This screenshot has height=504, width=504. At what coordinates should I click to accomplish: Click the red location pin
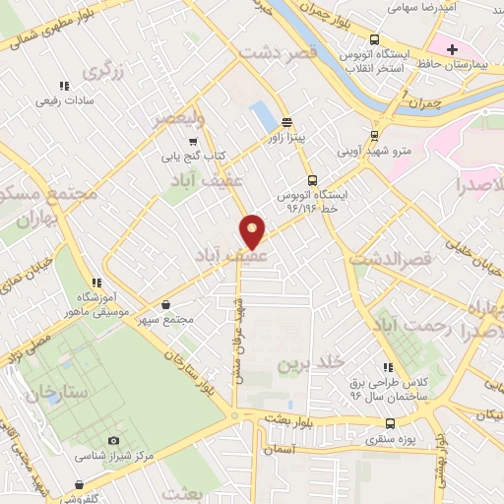(253, 230)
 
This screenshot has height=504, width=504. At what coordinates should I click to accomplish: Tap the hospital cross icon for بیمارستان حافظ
(452, 49)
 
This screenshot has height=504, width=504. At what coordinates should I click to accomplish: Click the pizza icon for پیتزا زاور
(286, 124)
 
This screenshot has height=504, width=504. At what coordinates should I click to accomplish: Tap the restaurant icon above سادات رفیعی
(65, 87)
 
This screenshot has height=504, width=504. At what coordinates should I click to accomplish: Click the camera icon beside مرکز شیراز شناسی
(113, 441)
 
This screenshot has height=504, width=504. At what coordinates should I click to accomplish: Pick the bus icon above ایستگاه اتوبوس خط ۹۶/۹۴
(312, 180)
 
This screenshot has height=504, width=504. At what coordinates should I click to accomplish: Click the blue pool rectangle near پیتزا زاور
(263, 117)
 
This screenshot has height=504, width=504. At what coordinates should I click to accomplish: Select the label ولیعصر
(177, 118)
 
